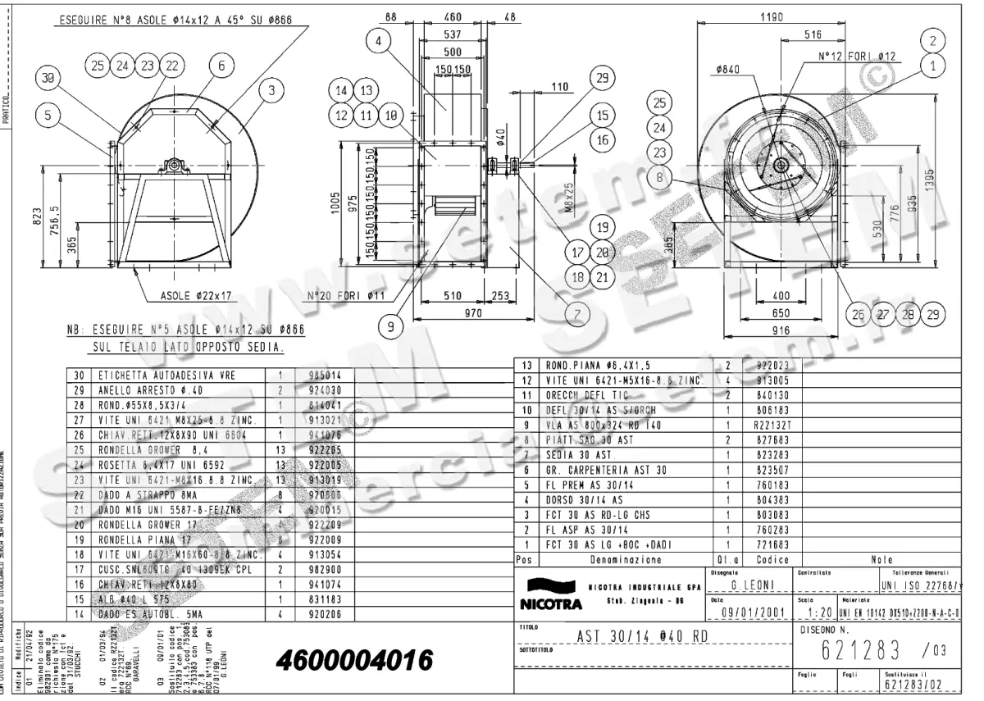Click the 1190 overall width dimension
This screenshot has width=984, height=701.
773,16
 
